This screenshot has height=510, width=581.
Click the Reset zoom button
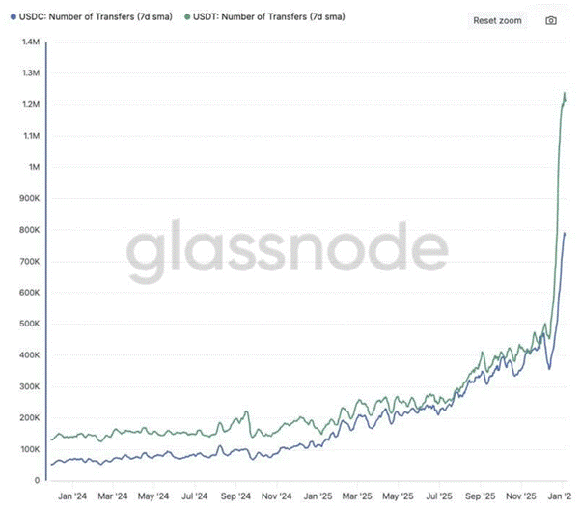(497, 21)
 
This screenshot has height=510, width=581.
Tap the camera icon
(551, 21)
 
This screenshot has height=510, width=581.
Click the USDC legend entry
(92, 17)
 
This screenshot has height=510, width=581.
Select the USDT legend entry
(265, 17)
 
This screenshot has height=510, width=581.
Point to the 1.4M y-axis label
(31, 42)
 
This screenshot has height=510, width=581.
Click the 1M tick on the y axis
(34, 167)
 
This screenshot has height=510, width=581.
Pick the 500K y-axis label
(29, 324)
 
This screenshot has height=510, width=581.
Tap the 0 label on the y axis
(37, 480)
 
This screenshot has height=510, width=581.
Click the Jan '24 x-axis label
(72, 496)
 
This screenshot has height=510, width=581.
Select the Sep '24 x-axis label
(235, 496)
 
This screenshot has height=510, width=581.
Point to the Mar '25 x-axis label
(357, 496)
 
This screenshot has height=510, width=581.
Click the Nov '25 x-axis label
(521, 496)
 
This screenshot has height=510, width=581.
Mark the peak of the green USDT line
(565, 93)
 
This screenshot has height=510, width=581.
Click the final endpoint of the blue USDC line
(565, 233)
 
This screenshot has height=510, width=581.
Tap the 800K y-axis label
(29, 230)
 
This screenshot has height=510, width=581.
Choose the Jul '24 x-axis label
(195, 496)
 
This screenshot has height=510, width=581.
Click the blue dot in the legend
(14, 17)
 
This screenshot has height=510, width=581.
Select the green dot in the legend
(187, 17)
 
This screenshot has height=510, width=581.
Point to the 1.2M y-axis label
(31, 104)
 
